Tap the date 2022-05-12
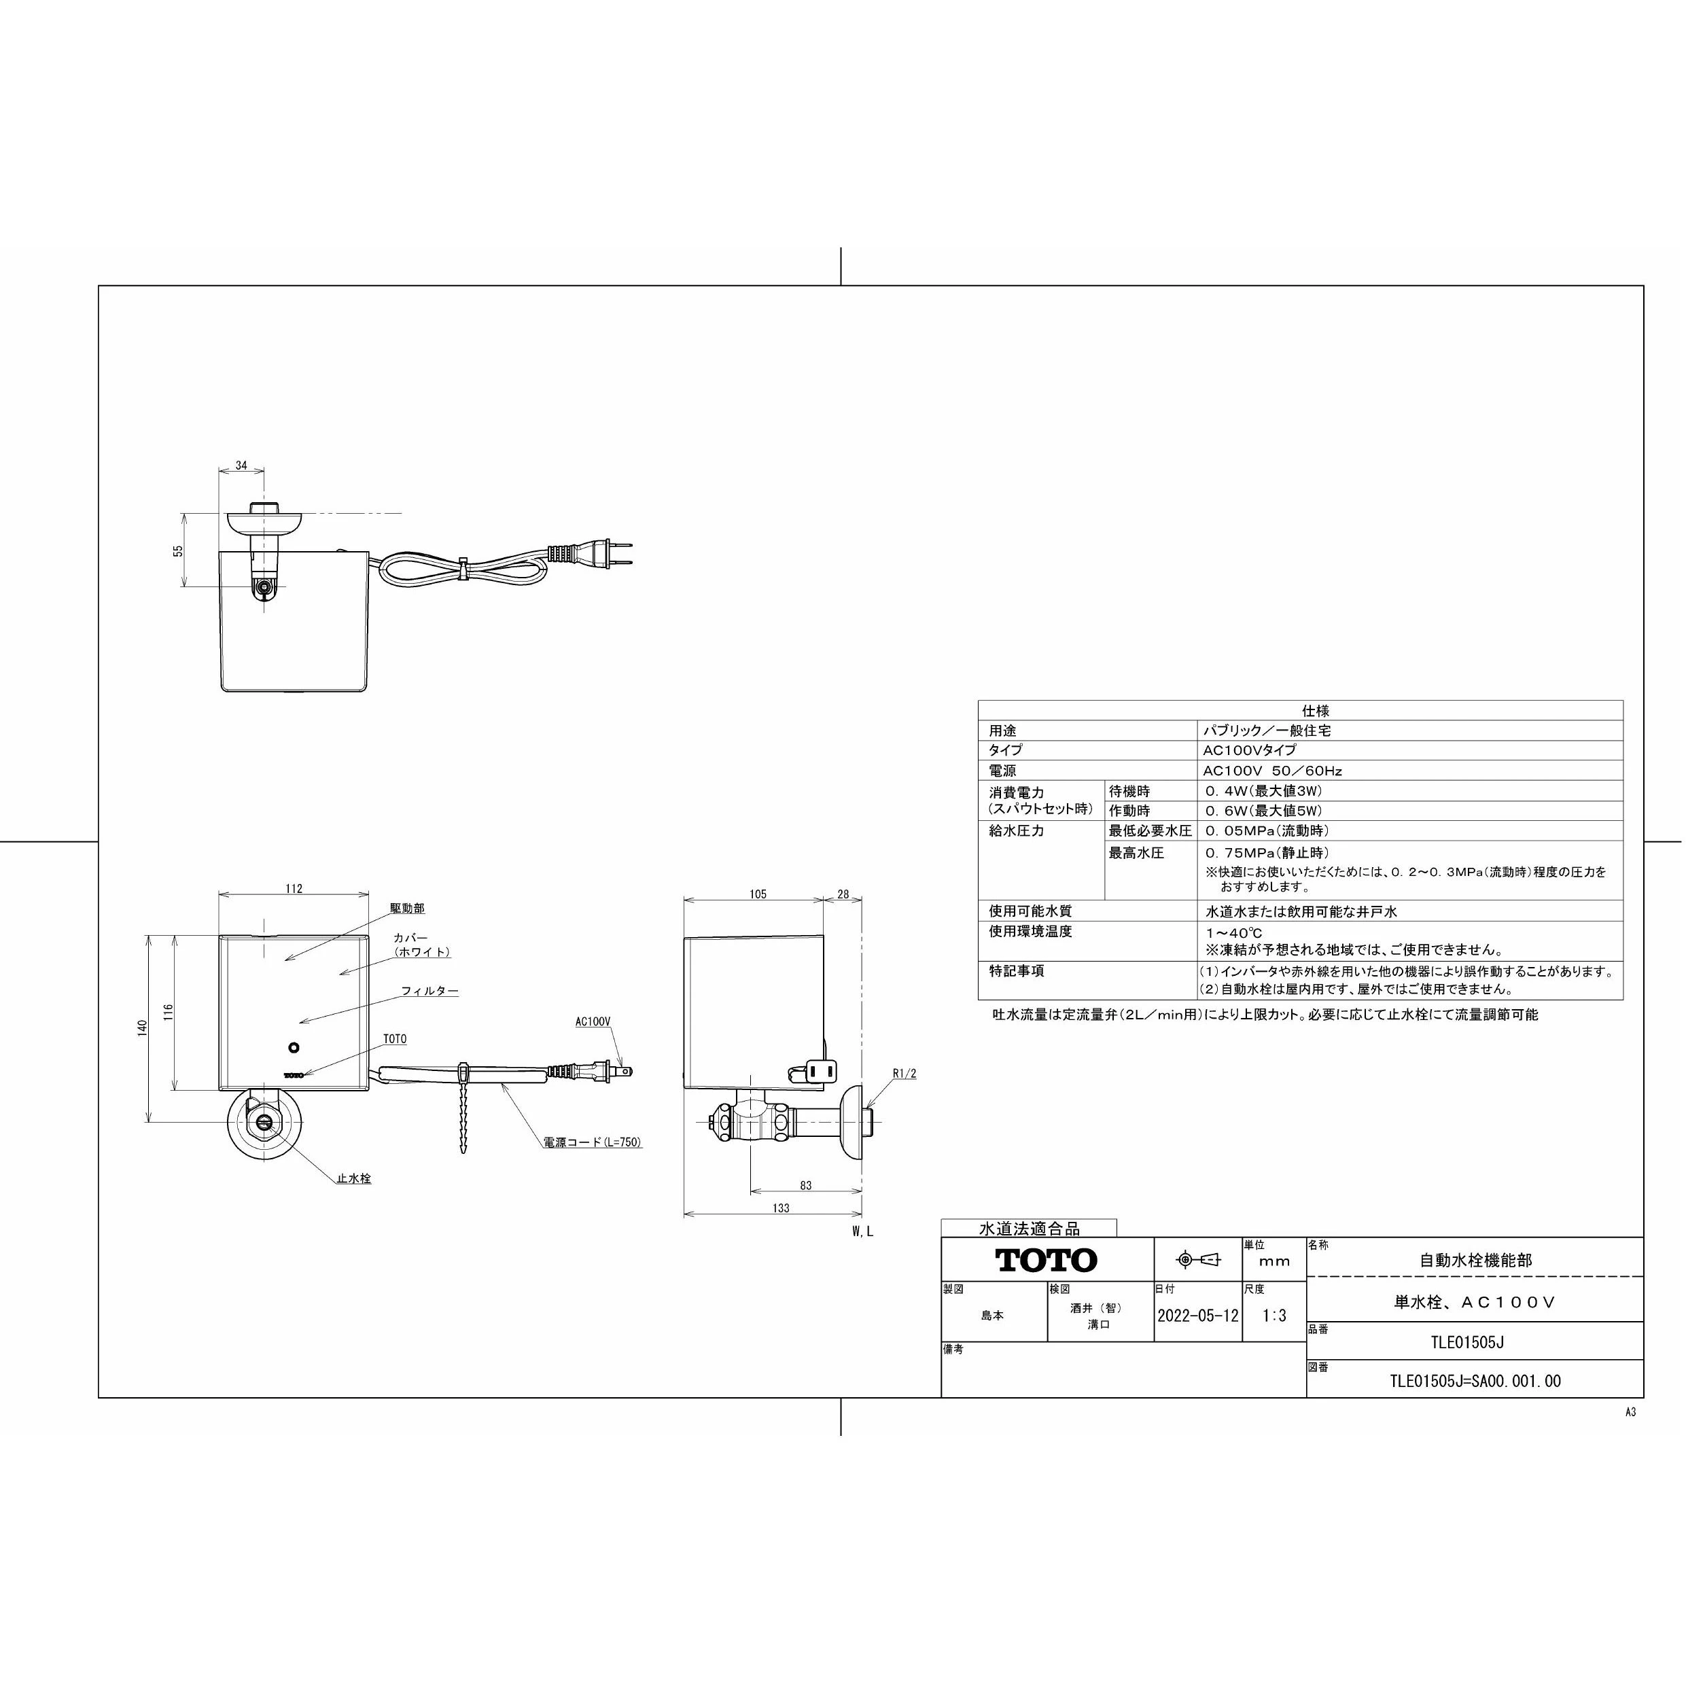1197,1316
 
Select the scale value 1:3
1274,1316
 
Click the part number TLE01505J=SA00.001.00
1475,1382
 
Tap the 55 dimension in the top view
178,552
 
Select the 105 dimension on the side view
758,894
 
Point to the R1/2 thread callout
905,1074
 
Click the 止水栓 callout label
354,1178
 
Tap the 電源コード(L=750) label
593,1142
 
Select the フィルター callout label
429,991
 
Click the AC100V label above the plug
593,1021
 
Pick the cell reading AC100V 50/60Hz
1272,771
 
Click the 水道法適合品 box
1029,1229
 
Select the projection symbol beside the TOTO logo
1197,1259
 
